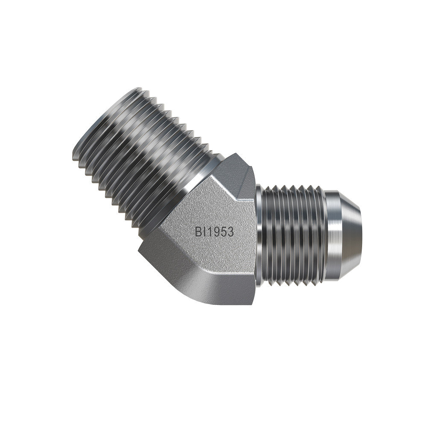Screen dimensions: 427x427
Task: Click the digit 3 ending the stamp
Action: click(230, 232)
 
